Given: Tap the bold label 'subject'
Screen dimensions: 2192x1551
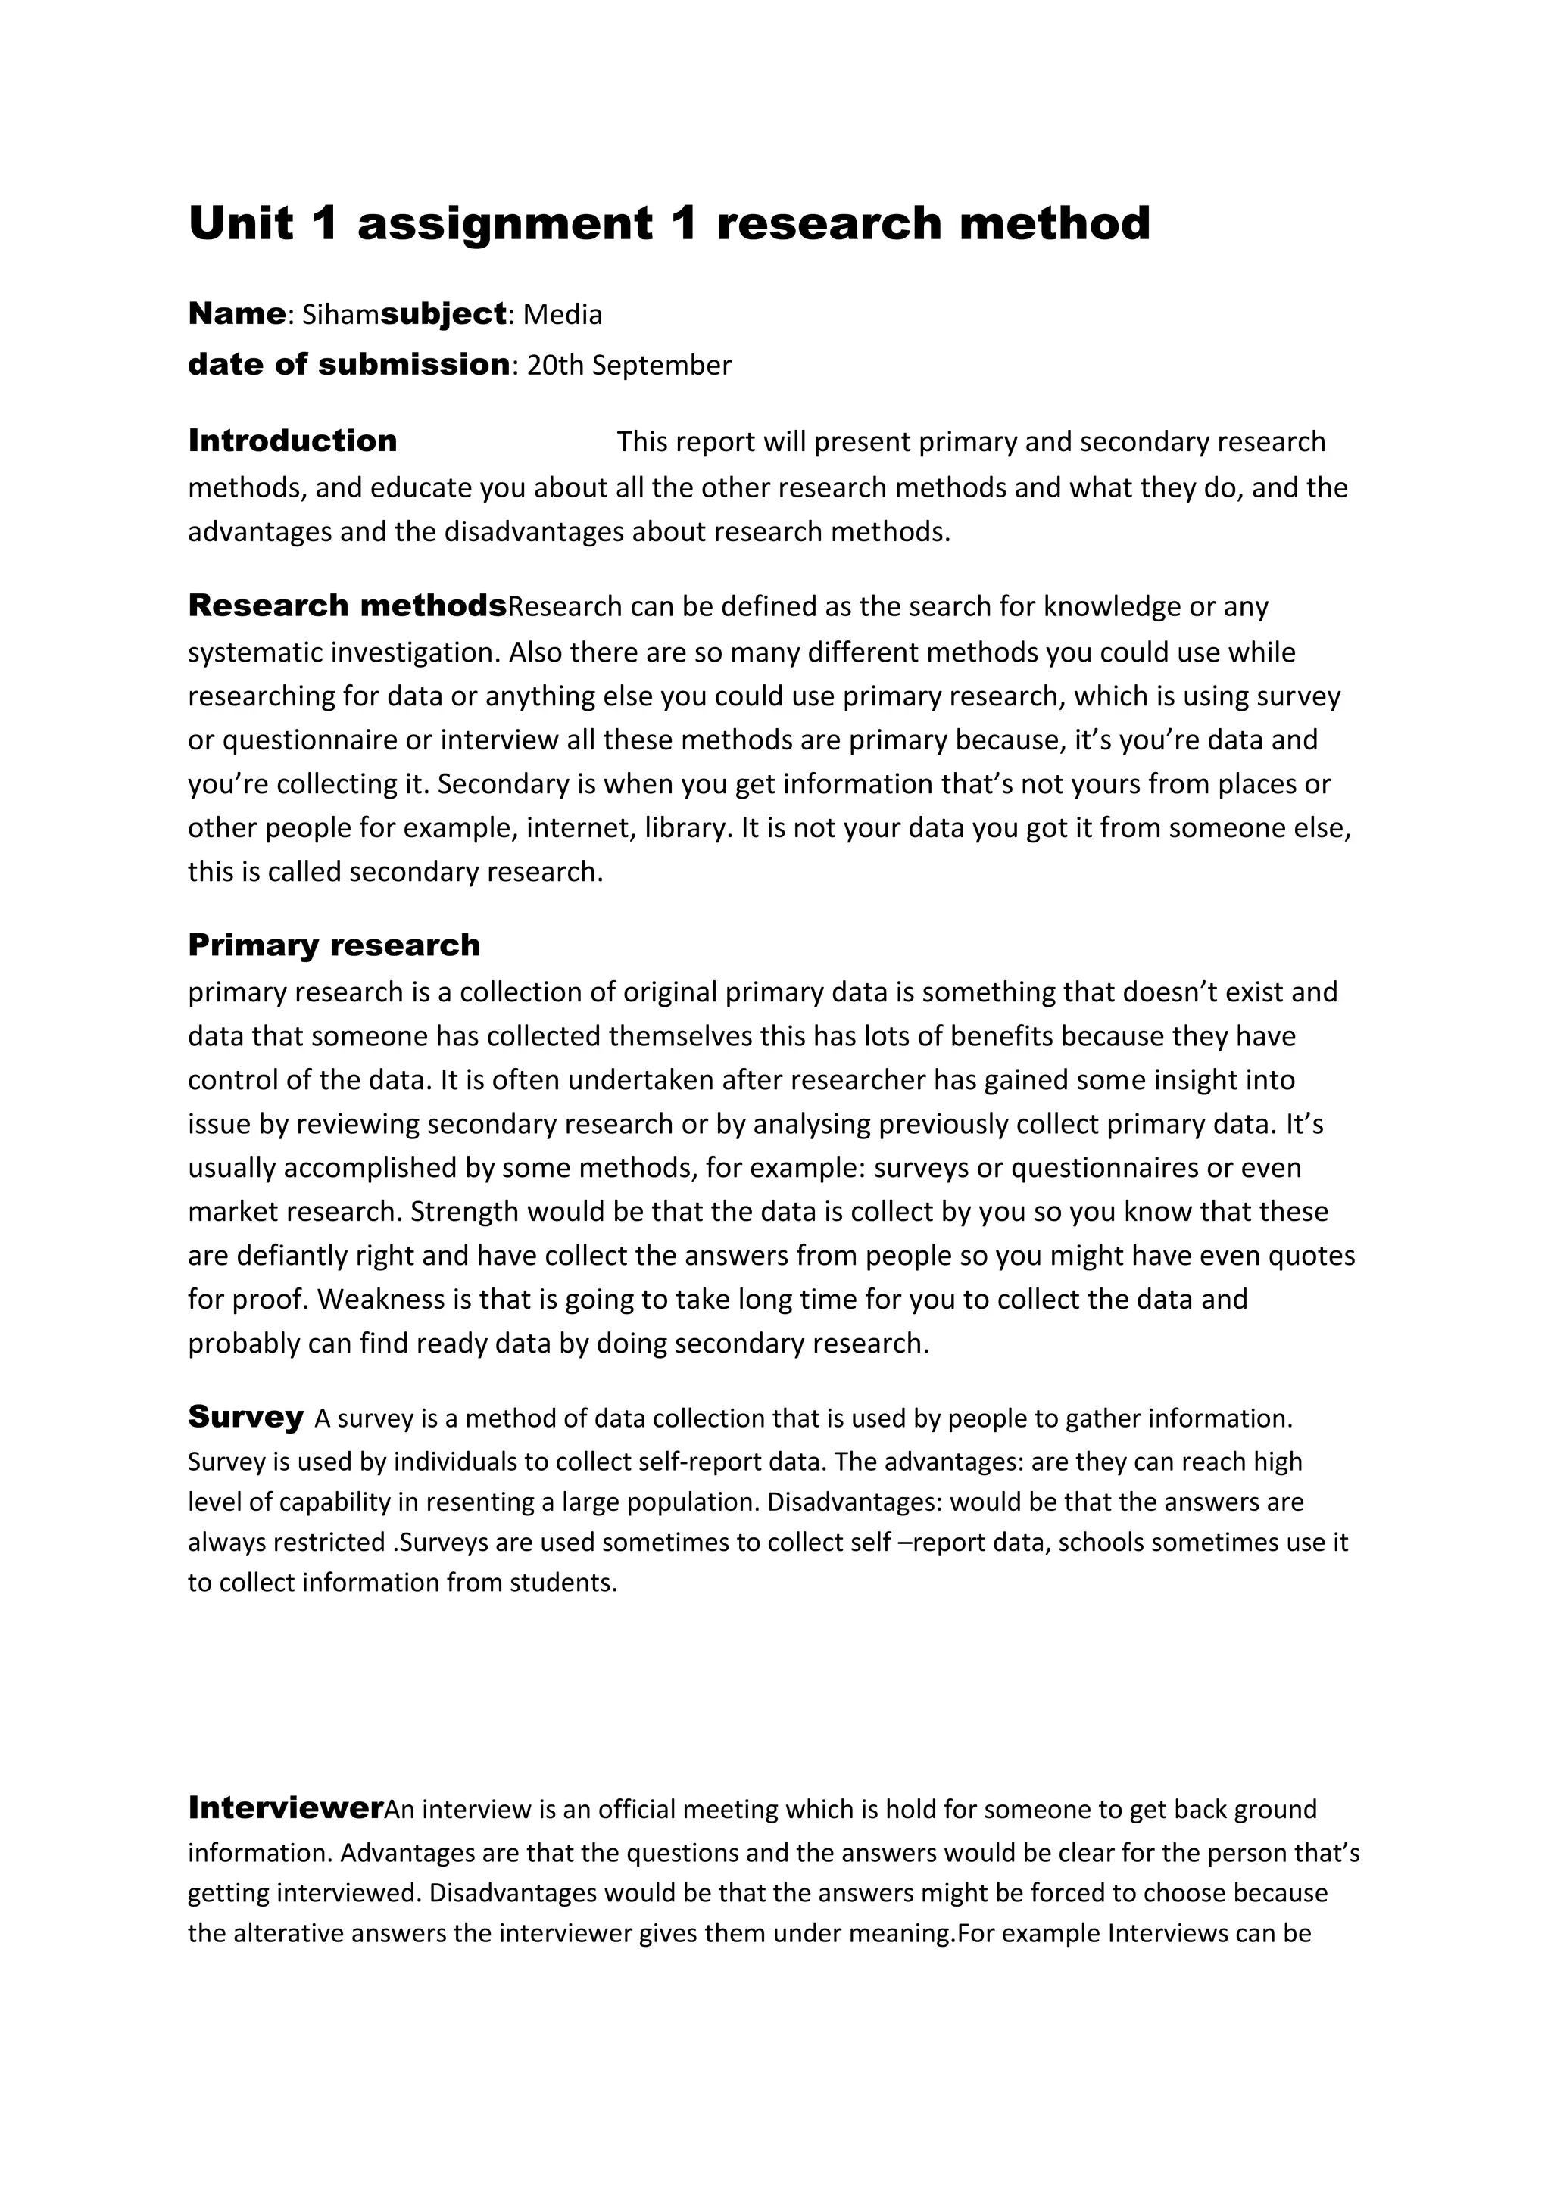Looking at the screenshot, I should pyautogui.click(x=443, y=314).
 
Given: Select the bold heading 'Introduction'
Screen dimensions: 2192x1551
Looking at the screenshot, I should pyautogui.click(x=292, y=441).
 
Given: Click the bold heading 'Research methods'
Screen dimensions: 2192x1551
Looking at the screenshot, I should pyautogui.click(x=347, y=606).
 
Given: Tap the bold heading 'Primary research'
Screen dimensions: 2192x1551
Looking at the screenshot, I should pyautogui.click(x=333, y=945).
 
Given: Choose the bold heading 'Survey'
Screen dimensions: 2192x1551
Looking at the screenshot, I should pyautogui.click(x=245, y=1416).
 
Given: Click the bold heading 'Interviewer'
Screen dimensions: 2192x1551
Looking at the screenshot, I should pyautogui.click(x=286, y=1807).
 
